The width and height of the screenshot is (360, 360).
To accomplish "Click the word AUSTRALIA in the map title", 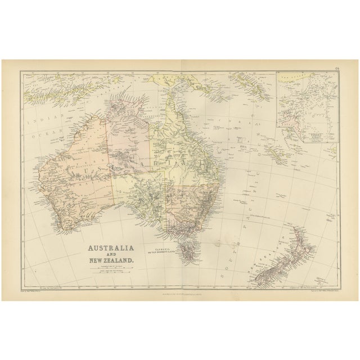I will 110,247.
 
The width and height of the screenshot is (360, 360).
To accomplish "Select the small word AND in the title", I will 110,254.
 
